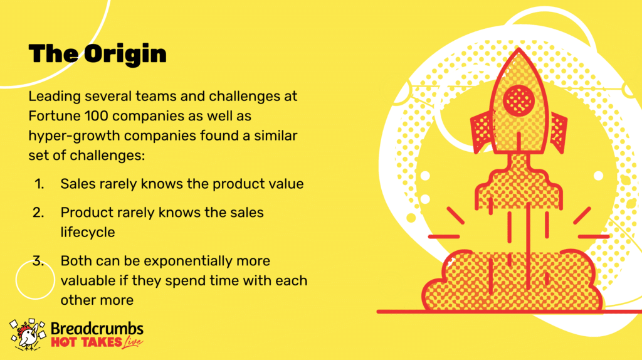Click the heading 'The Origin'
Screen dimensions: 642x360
click(97, 54)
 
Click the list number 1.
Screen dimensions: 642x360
click(39, 184)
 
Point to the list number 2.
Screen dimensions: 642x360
click(38, 213)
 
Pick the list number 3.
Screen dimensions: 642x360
click(38, 261)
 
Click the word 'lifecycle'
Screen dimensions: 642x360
click(88, 232)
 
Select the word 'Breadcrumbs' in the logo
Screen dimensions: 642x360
click(97, 329)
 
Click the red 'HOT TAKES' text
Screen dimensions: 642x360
click(87, 342)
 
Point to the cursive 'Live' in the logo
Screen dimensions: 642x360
click(132, 342)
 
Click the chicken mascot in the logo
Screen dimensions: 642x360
click(28, 334)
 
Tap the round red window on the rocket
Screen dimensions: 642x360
click(518, 100)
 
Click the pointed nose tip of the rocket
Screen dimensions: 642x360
click(519, 48)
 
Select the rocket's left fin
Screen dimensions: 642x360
click(482, 132)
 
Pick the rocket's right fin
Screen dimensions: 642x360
click(557, 132)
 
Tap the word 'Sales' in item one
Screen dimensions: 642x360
click(78, 184)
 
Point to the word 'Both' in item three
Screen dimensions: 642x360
click(75, 261)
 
